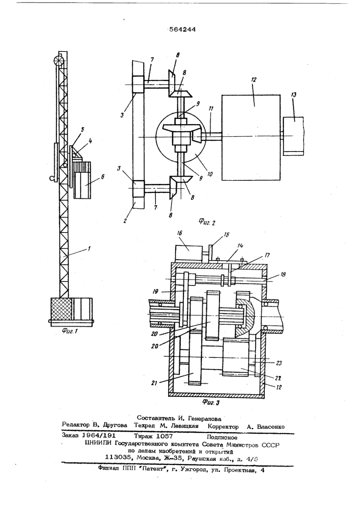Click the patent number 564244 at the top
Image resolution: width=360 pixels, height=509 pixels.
coord(182,30)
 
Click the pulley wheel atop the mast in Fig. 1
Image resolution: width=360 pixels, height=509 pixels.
coord(59,61)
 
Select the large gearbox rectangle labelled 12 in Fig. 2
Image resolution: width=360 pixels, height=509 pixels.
coord(251,138)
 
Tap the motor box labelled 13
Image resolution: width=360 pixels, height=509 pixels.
coord(293,136)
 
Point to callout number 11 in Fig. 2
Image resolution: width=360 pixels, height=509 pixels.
coord(211,108)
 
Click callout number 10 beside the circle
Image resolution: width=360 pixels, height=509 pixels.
coord(210,174)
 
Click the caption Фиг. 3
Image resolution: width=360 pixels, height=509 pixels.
coord(211,403)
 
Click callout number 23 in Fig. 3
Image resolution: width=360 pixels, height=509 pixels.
coord(279,363)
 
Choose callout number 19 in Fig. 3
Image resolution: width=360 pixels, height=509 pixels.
coord(155,291)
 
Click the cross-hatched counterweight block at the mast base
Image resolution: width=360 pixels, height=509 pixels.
coord(62,309)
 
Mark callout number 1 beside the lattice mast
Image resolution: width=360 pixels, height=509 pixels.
coord(89,248)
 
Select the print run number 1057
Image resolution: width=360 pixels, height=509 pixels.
coord(165,435)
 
